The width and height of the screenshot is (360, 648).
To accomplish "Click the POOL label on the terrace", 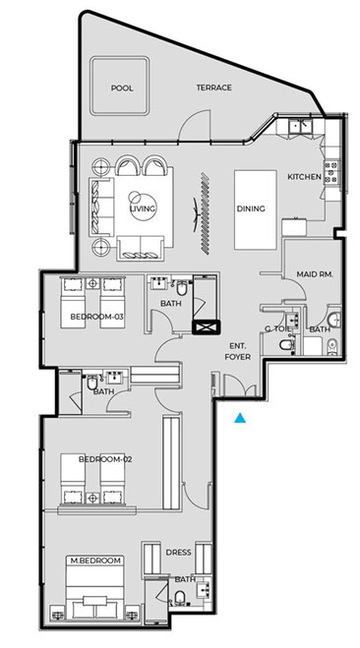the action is [x=122, y=88].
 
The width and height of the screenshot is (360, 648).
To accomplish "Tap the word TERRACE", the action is [x=213, y=88].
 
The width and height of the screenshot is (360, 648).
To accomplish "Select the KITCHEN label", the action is [x=304, y=177].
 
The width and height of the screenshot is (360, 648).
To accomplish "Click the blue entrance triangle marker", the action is [x=240, y=418].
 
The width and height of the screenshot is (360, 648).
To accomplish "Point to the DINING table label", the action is [x=251, y=208].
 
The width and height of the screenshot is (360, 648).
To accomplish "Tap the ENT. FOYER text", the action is [x=238, y=351].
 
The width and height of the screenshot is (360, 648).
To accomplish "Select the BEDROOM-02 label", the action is [x=105, y=459].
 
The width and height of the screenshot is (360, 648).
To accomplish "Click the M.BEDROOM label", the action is [x=95, y=560].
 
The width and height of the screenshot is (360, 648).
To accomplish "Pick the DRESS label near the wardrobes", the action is [x=179, y=553].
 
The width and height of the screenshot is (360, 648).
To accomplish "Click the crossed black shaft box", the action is [x=207, y=327].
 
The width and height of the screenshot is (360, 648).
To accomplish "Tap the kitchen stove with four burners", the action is [x=331, y=171].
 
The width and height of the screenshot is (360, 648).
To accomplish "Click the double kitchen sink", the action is [x=300, y=125].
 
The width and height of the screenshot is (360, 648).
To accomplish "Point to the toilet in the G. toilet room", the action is [x=286, y=345].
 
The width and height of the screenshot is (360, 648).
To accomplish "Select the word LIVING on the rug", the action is [x=143, y=208].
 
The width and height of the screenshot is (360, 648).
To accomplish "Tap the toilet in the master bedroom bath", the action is [x=180, y=598].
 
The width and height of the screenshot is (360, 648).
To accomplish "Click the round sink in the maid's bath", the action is [x=335, y=319].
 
